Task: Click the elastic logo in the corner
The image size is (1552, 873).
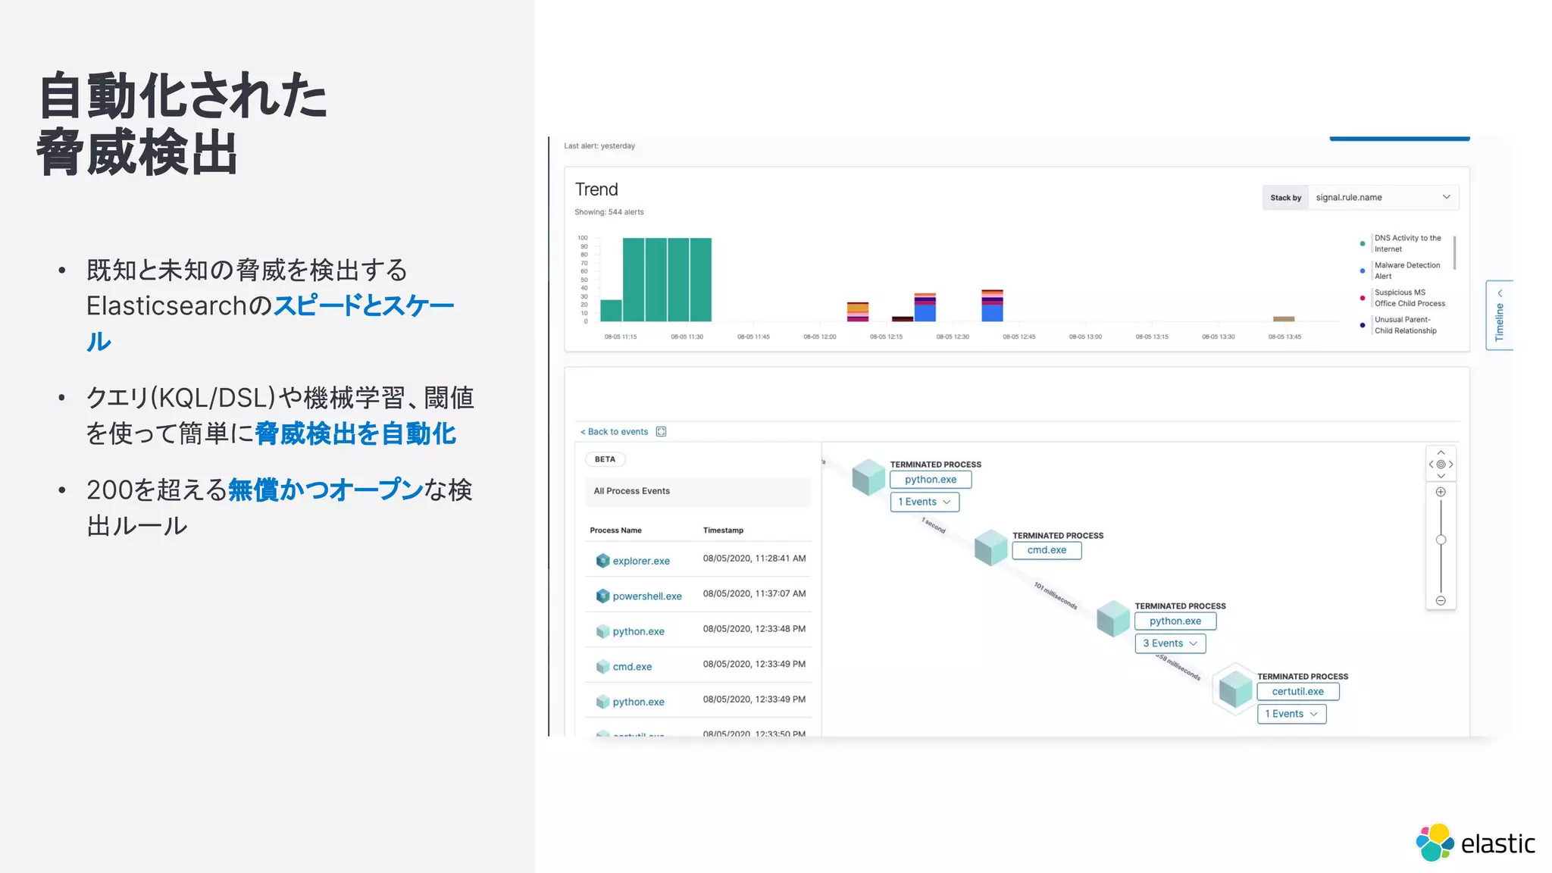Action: (1474, 843)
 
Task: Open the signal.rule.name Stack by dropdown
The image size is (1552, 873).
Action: (1382, 198)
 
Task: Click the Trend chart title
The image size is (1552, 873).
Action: (596, 189)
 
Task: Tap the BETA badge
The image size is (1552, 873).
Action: (605, 459)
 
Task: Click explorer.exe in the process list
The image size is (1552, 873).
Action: (640, 562)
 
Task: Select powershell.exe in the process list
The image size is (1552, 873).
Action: (646, 596)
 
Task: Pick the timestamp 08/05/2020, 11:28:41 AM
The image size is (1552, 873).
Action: (754, 559)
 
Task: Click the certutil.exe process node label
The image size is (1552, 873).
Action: (1297, 692)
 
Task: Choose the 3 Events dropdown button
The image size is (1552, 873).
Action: (1169, 643)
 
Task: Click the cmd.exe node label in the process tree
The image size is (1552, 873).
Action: (1047, 550)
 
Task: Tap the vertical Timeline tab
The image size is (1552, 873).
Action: (1499, 316)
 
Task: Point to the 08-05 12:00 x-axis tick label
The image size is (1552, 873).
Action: (820, 336)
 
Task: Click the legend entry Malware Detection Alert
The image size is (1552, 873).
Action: (1406, 271)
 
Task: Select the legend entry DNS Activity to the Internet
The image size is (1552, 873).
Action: (1407, 243)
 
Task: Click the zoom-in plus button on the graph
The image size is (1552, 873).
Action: (1441, 492)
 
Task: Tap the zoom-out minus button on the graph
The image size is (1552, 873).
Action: (1441, 601)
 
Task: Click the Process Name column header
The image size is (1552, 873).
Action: (615, 530)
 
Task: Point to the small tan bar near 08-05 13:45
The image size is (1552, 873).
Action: (1284, 319)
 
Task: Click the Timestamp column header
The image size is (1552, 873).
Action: (723, 530)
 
